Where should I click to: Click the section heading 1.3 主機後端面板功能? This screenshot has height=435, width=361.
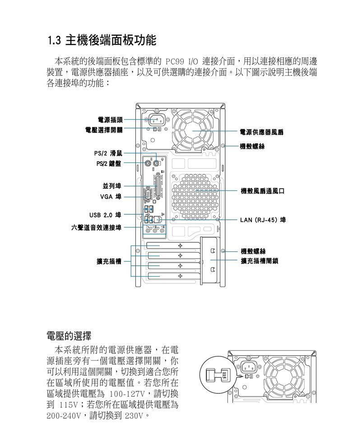pyautogui.click(x=102, y=40)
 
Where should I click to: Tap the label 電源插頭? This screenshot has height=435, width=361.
pyautogui.click(x=110, y=120)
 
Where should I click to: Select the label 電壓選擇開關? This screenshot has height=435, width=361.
pyautogui.click(x=104, y=130)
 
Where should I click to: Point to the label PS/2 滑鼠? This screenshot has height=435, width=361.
pyautogui.click(x=108, y=153)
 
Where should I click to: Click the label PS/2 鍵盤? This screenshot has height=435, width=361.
pyautogui.click(x=108, y=163)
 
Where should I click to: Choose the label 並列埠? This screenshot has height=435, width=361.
pyautogui.click(x=112, y=186)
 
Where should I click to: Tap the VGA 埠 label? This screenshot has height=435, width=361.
pyautogui.click(x=111, y=197)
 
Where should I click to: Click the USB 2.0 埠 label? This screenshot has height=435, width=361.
pyautogui.click(x=105, y=215)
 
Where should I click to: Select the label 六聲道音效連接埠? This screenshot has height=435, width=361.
pyautogui.click(x=96, y=228)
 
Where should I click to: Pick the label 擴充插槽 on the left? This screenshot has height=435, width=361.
pyautogui.click(x=109, y=261)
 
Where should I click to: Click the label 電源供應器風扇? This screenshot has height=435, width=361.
pyautogui.click(x=261, y=132)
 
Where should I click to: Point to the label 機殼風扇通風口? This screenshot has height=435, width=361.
pyautogui.click(x=263, y=191)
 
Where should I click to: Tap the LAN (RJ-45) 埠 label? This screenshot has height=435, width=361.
pyautogui.click(x=263, y=220)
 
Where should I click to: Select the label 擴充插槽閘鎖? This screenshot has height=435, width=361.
pyautogui.click(x=259, y=261)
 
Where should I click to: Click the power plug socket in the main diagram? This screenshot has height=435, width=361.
pyautogui.click(x=157, y=120)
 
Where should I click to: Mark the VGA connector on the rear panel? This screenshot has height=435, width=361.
pyautogui.click(x=148, y=195)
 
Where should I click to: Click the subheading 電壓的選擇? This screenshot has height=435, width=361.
pyautogui.click(x=69, y=336)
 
